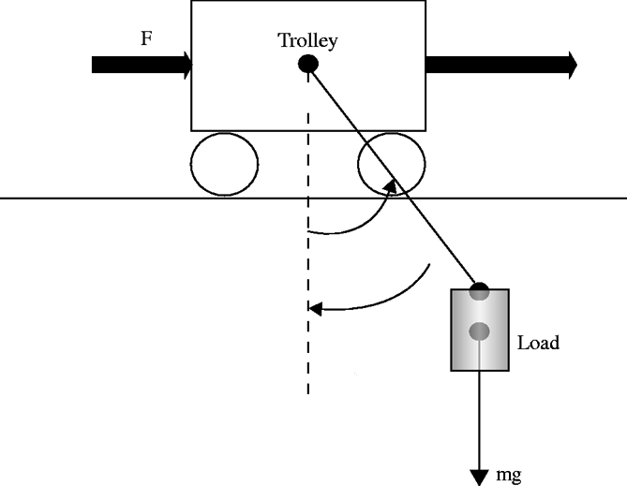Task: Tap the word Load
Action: pos(538,343)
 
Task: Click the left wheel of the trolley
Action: pos(224,164)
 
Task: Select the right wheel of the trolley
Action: pos(392,164)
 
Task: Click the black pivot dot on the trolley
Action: pos(307,65)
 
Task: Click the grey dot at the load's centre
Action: pos(480,331)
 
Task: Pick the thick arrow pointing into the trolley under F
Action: pos(142,65)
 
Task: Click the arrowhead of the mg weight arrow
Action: pos(480,477)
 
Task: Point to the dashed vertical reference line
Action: pos(307,356)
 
